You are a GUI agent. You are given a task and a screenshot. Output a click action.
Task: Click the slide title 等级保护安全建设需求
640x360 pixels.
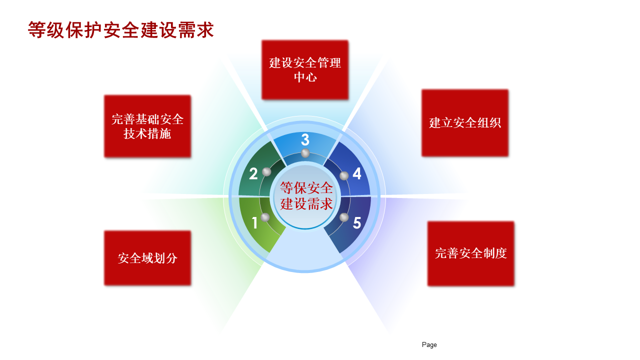coord(121,29)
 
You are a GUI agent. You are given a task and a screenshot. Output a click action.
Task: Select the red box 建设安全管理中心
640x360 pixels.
coord(305,70)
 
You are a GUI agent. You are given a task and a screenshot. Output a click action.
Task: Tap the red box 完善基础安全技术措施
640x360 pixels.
coord(147,126)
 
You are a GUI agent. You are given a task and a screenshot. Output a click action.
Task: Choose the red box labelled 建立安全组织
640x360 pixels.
coord(465,123)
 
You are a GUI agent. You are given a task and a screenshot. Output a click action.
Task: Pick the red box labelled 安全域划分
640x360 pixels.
coord(147,258)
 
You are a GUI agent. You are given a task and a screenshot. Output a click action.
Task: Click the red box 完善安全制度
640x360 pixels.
coord(471,253)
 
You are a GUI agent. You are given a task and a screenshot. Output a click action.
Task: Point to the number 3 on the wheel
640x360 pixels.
coord(305,139)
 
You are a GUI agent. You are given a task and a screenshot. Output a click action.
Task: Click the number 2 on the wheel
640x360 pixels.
coord(253,173)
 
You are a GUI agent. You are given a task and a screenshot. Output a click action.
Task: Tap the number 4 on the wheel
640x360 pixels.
coord(357,173)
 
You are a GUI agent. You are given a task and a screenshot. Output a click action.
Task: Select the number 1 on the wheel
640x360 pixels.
coord(254,223)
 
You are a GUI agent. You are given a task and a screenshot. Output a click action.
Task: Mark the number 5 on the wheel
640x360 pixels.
coord(357,223)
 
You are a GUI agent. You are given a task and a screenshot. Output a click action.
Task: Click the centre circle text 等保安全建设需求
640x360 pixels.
coord(306,195)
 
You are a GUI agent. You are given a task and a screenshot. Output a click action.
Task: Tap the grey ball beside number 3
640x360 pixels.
coord(305,153)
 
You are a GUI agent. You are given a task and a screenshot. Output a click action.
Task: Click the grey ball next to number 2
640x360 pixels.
coord(266,171)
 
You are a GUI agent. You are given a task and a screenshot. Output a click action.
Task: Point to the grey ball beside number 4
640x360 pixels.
coord(344,175)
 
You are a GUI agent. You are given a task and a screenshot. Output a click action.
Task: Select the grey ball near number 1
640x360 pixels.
coord(265,217)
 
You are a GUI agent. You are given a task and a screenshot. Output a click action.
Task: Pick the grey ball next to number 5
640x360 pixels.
coord(344,217)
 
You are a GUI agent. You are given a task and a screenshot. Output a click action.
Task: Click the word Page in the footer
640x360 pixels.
coord(429,345)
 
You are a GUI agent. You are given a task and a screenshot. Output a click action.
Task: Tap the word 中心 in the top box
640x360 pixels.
coord(305,77)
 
